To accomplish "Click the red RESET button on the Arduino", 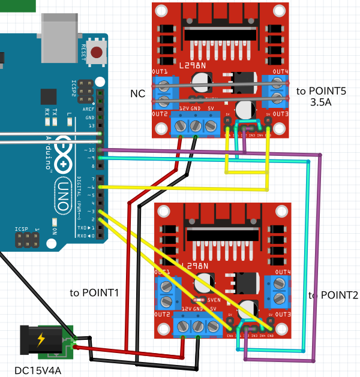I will (97, 54).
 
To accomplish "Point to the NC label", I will (137, 94).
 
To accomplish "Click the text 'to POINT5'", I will (321, 91).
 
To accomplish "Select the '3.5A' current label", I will (321, 102).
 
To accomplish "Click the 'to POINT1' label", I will (94, 293).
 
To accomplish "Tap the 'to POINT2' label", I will (333, 295).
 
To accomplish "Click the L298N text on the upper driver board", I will (194, 63).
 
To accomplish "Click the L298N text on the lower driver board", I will (197, 266).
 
